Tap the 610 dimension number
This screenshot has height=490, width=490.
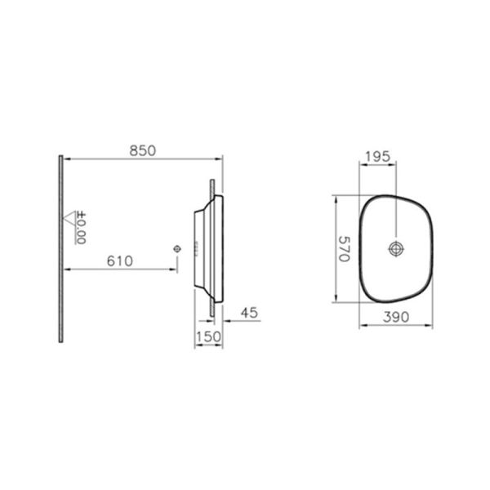click(x=120, y=261)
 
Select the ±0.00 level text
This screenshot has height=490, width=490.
click(x=82, y=228)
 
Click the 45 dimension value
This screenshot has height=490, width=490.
click(x=250, y=310)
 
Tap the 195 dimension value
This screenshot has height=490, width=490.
click(x=378, y=156)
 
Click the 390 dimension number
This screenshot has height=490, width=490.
click(x=395, y=315)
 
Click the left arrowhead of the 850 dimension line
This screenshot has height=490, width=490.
click(x=65, y=158)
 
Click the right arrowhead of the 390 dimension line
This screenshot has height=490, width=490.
click(x=432, y=323)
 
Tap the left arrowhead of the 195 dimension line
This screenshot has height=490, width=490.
click(x=360, y=163)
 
